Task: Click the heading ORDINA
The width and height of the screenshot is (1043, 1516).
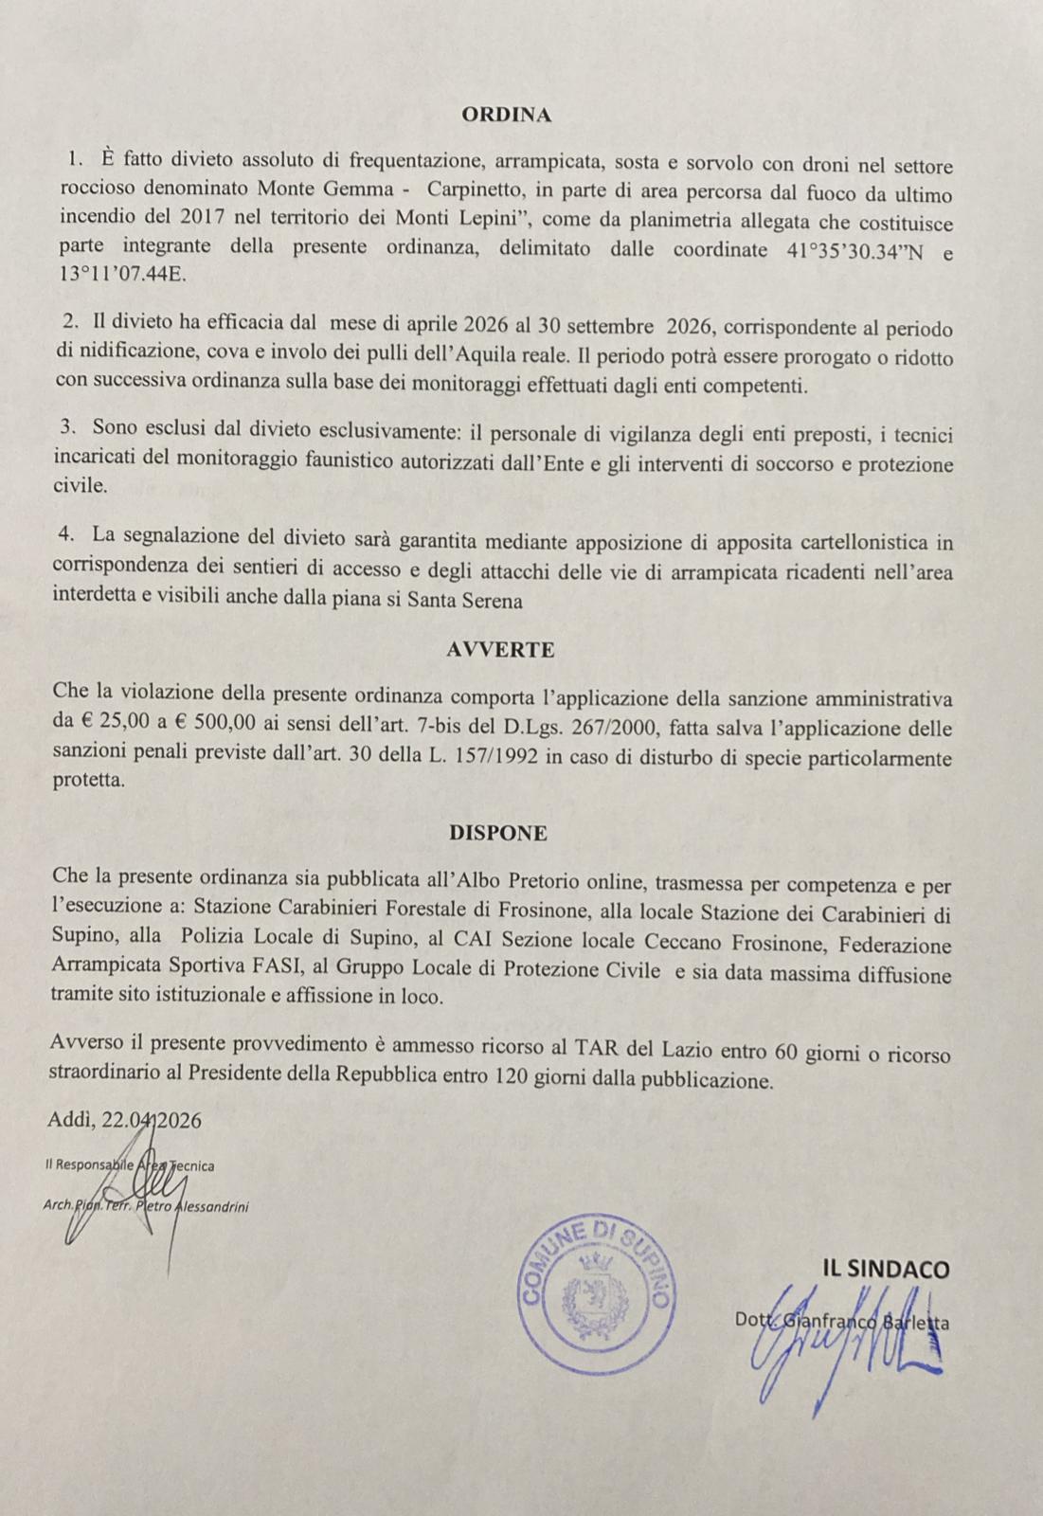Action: click(506, 115)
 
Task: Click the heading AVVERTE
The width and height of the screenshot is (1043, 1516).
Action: click(500, 650)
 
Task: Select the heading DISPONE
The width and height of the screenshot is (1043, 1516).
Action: click(498, 833)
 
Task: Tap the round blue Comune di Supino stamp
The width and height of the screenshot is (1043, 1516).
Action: click(596, 1293)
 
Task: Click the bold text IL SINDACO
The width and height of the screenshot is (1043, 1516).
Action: click(885, 1269)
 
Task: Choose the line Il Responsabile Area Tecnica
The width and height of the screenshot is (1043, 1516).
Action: click(129, 1164)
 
